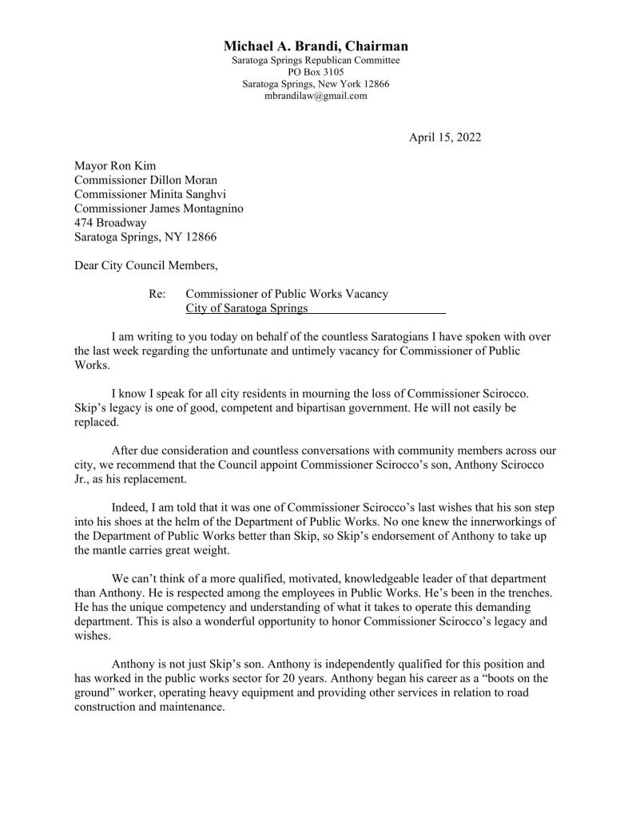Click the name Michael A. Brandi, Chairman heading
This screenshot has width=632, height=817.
316,46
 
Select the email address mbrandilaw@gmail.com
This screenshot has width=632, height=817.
316,96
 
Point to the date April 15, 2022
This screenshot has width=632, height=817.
445,137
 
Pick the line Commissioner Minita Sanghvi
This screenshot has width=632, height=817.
145,195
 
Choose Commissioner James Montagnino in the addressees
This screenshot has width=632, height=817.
159,209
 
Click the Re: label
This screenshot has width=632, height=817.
157,294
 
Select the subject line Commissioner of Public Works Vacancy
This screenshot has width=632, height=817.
287,294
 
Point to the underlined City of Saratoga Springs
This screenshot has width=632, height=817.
246,308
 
